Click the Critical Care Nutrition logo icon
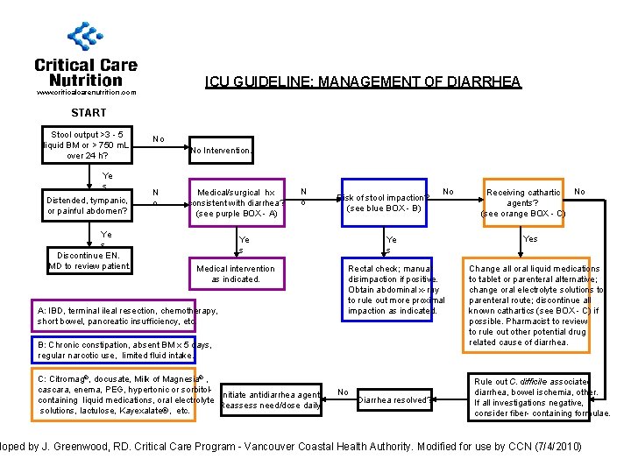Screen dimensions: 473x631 85,37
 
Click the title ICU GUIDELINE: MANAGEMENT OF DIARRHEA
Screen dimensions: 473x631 363,82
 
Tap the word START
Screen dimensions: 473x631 89,113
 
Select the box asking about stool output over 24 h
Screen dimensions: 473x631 88,145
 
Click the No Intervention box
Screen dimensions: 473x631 221,151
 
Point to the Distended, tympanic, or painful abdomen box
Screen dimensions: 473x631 88,206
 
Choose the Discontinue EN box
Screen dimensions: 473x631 89,260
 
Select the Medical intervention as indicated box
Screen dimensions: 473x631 236,274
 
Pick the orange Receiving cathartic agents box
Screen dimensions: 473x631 523,202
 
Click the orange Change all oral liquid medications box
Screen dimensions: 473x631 534,305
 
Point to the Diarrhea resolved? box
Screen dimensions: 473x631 393,400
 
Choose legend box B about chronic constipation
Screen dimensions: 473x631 122,349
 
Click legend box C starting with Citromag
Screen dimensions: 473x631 122,394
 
